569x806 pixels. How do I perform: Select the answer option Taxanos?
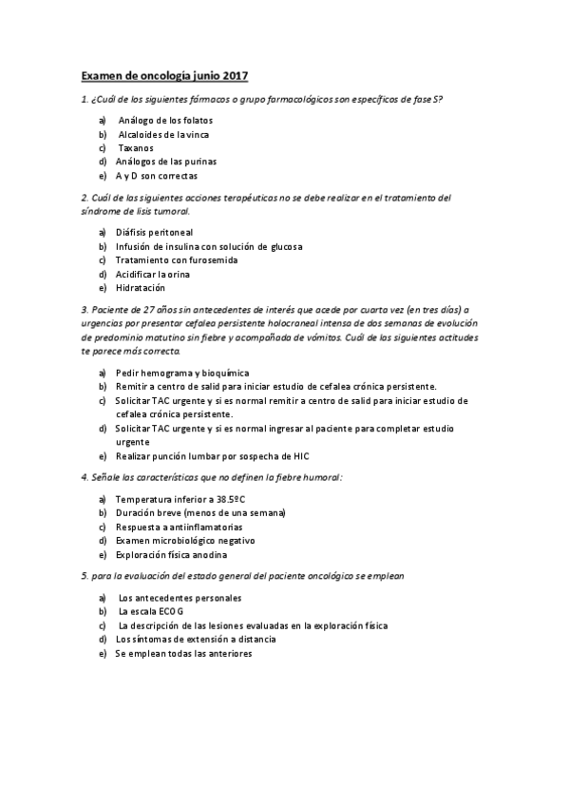(x=136, y=148)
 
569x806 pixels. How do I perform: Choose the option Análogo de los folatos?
(x=165, y=121)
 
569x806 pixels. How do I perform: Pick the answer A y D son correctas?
(x=157, y=176)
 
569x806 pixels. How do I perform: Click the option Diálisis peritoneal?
(x=154, y=232)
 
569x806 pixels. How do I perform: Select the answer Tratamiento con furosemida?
(x=176, y=259)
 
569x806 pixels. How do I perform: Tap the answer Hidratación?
(x=141, y=287)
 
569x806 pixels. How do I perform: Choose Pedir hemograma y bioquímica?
(x=181, y=373)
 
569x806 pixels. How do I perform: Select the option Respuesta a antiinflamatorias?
(x=179, y=527)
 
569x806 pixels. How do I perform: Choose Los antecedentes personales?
(x=180, y=598)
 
